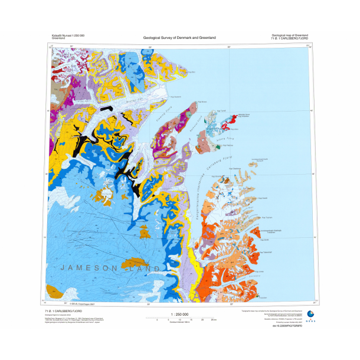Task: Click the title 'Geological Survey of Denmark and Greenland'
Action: click(179, 38)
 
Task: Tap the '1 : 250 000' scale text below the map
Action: click(179, 314)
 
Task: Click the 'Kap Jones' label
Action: click(258, 273)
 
